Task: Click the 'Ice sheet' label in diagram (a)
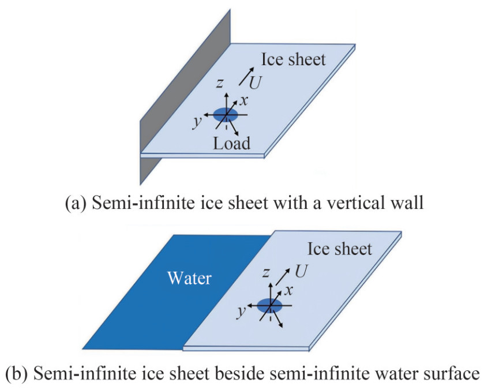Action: click(x=293, y=59)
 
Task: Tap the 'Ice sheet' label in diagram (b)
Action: click(x=339, y=249)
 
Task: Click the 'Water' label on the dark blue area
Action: click(x=189, y=279)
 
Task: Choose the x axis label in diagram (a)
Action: click(x=244, y=100)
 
